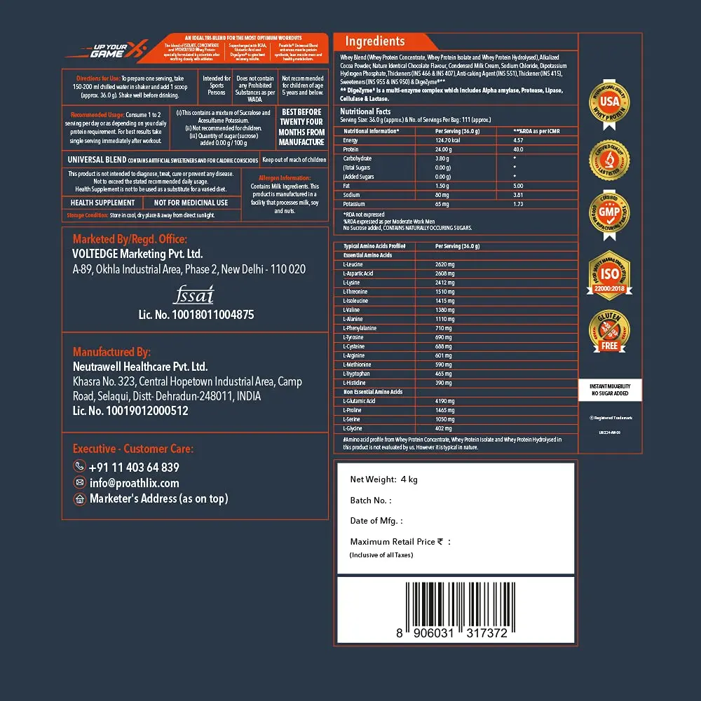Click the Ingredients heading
point(374,41)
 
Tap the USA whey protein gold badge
point(609,104)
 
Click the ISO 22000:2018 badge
point(609,274)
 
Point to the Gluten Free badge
point(609,332)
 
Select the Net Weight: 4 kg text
point(383,479)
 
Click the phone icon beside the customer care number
point(79,467)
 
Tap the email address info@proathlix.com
point(134,482)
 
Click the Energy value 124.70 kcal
point(449,140)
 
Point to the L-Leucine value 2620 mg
point(445,264)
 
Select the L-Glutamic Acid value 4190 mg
point(445,401)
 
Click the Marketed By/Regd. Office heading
point(130,239)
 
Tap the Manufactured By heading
point(111,352)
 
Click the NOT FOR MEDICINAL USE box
point(191,203)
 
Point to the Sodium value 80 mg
point(442,195)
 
